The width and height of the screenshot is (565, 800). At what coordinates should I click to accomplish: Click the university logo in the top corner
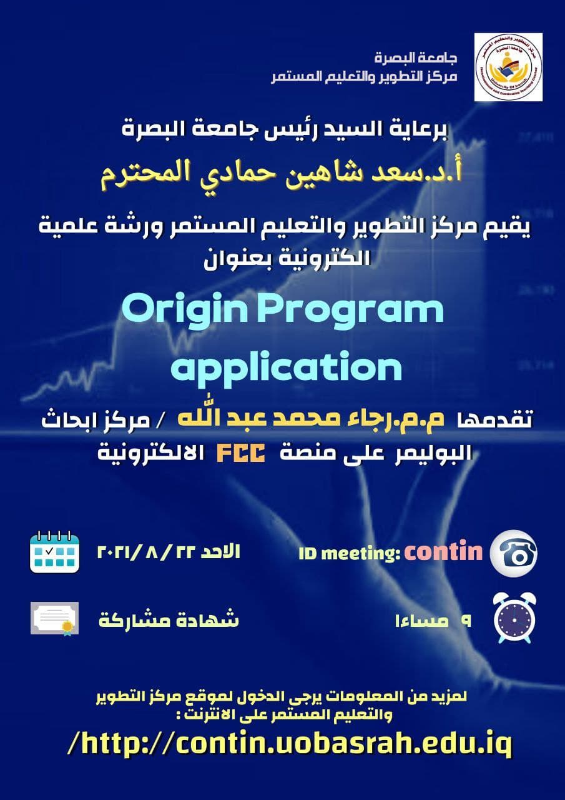click(x=508, y=67)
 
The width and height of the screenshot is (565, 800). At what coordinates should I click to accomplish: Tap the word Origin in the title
click(x=185, y=309)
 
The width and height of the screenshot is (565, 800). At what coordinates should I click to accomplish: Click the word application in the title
click(x=287, y=368)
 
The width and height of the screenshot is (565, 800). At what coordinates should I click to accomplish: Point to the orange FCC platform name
click(x=241, y=454)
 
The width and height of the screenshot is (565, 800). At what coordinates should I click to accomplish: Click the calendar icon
click(x=54, y=552)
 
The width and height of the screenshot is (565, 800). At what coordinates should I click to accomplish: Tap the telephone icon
click(x=514, y=553)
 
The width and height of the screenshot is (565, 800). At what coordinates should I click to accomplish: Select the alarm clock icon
click(x=514, y=619)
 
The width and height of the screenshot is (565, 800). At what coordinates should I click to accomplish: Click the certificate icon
click(x=54, y=619)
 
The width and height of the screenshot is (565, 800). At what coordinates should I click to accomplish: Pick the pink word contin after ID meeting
click(x=443, y=552)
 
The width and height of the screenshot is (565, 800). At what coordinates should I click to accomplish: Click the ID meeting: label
click(x=349, y=554)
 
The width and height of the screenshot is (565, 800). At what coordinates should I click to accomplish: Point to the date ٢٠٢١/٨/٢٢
click(x=146, y=552)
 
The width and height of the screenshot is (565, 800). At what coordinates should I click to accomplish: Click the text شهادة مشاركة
click(x=169, y=621)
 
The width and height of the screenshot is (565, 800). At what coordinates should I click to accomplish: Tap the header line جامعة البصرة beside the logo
click(x=416, y=58)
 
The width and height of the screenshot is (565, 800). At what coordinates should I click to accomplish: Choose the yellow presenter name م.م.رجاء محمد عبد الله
click(x=312, y=418)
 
